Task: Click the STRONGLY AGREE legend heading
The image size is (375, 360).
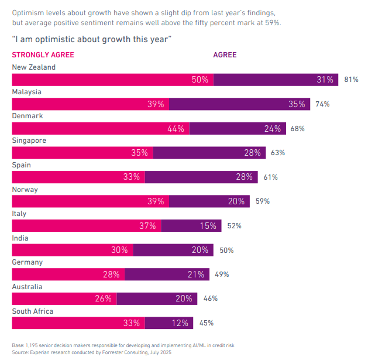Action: coord(43,55)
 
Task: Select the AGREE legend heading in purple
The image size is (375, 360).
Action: coord(225,55)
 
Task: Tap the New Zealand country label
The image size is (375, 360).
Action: coord(34,67)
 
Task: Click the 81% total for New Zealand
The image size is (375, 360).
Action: coord(351,80)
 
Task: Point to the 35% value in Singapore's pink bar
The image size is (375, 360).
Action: coord(139,153)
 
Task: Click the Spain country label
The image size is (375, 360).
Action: coord(22,165)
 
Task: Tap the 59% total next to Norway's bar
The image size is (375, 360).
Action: coord(262,201)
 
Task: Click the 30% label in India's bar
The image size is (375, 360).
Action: coord(119,250)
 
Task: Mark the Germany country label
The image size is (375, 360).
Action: coord(27,262)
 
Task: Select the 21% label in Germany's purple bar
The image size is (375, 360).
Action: coord(196,275)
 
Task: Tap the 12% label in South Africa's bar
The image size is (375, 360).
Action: coord(180,323)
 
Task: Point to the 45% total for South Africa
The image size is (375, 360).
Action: coord(207,323)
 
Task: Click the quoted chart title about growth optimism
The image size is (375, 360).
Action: coord(91,39)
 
